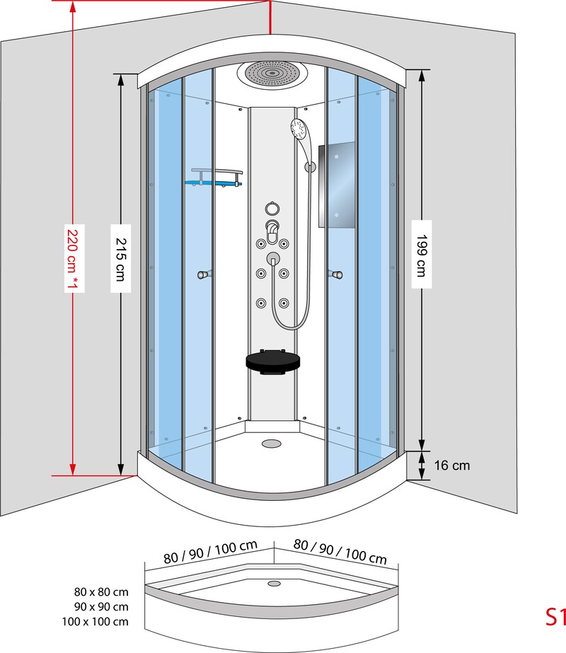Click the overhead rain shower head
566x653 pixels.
click(x=272, y=74)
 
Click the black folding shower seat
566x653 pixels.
click(x=272, y=362)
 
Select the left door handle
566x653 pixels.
click(x=204, y=275)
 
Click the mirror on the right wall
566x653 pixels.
click(x=337, y=185)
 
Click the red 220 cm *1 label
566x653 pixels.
click(x=74, y=258)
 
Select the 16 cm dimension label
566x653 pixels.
click(x=452, y=466)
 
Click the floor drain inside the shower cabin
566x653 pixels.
click(x=271, y=444)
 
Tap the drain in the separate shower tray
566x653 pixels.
click(x=274, y=584)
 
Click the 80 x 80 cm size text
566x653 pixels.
click(x=101, y=591)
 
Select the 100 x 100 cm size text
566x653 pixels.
click(x=96, y=622)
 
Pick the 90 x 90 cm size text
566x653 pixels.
click(x=101, y=607)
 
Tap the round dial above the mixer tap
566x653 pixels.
click(x=272, y=208)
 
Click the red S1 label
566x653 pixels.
click(x=555, y=617)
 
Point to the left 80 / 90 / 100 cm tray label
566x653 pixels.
click(x=210, y=553)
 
